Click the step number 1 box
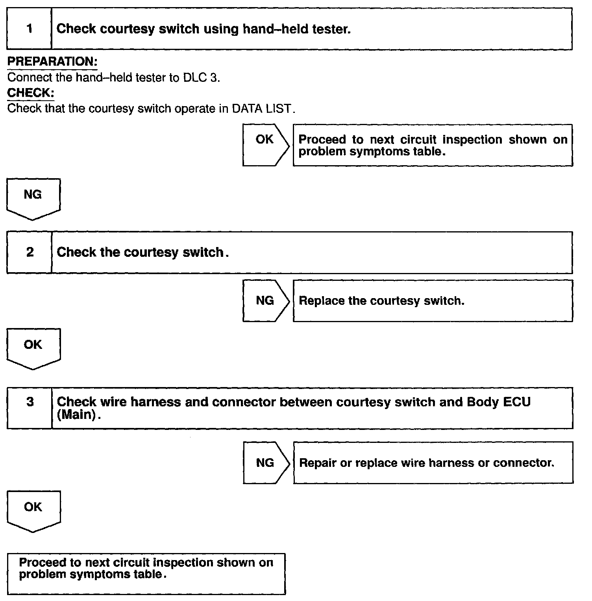pyautogui.click(x=30, y=29)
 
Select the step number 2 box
pyautogui.click(x=30, y=252)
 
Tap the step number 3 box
pyautogui.click(x=30, y=407)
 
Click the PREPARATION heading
pyautogui.click(x=52, y=62)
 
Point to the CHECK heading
pyautogui.click(x=30, y=93)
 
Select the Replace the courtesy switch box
pyautogui.click(x=433, y=301)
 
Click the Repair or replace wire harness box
pyautogui.click(x=433, y=463)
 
